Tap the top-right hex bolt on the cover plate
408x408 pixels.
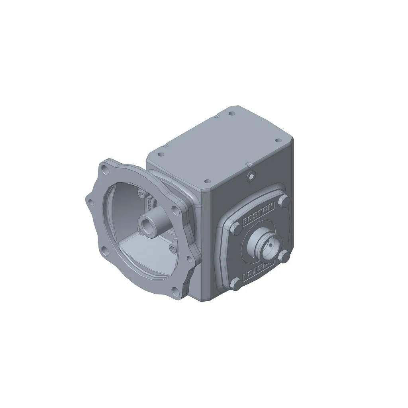click(284, 202)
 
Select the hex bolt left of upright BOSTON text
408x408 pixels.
click(236, 230)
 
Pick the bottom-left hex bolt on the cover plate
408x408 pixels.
click(235, 284)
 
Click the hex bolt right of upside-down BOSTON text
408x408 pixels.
click(283, 257)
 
